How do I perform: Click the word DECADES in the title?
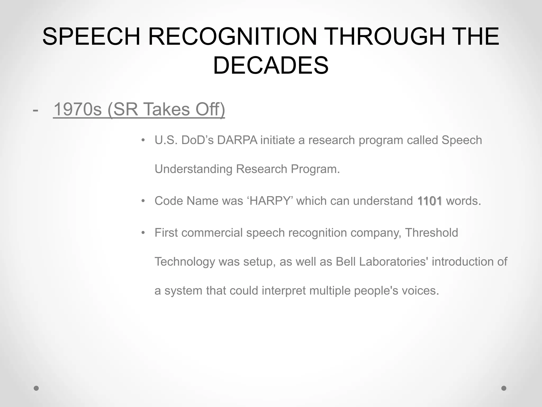pyautogui.click(x=271, y=65)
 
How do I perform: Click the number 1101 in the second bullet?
pyautogui.click(x=430, y=201)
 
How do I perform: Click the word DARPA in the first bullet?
pyautogui.click(x=237, y=140)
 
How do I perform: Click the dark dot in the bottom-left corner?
pyautogui.click(x=36, y=388)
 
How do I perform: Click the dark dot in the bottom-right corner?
pyautogui.click(x=504, y=388)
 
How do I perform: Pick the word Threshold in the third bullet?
pyautogui.click(x=431, y=233)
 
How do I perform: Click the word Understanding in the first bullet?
pyautogui.click(x=193, y=169)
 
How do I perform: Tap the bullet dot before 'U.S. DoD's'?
pyautogui.click(x=143, y=140)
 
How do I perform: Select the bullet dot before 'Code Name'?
pyautogui.click(x=143, y=201)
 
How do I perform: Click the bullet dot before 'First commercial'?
pyautogui.click(x=143, y=233)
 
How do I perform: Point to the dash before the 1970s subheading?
pyautogui.click(x=35, y=110)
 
